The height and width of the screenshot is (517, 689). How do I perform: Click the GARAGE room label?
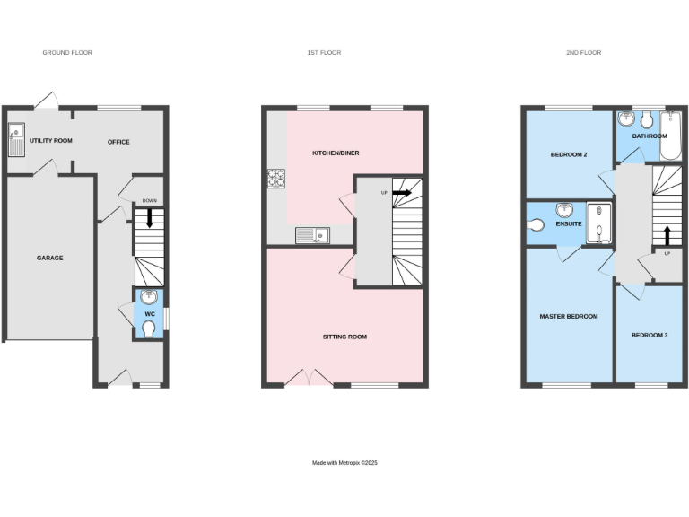[49, 258]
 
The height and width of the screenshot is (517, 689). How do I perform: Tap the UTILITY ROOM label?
[50, 141]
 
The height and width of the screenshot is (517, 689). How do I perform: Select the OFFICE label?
[118, 142]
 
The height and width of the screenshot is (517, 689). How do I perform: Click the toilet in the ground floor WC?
[149, 330]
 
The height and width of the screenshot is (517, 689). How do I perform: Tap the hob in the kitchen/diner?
[275, 179]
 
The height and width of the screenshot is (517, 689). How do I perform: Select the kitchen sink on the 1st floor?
[312, 235]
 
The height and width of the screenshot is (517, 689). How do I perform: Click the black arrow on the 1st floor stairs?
[401, 192]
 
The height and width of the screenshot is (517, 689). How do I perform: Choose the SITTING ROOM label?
[345, 337]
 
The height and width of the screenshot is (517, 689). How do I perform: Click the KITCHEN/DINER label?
[336, 153]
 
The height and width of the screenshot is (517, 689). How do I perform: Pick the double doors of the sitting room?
[309, 378]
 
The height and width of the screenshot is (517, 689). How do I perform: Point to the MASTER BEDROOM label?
[568, 317]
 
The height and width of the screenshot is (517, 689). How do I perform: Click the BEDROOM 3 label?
[650, 336]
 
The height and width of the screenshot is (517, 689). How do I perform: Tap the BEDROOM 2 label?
[568, 155]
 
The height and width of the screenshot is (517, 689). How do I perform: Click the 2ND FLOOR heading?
[583, 53]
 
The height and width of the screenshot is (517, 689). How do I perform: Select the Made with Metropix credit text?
[345, 463]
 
